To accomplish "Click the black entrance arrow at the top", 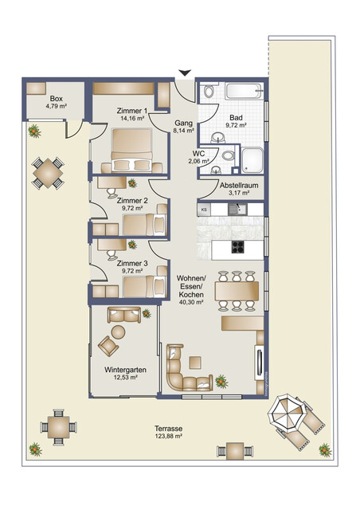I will (185, 74).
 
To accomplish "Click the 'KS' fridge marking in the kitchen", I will (204, 210).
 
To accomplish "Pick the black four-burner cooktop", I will (238, 246).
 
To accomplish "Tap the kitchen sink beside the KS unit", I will (237, 210).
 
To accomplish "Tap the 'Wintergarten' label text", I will (126, 371).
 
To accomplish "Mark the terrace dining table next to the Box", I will (49, 172).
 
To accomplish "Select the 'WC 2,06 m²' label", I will (200, 158).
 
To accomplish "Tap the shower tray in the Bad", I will (253, 160).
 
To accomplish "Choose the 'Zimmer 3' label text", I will (133, 265).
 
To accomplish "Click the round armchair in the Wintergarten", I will (105, 345).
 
